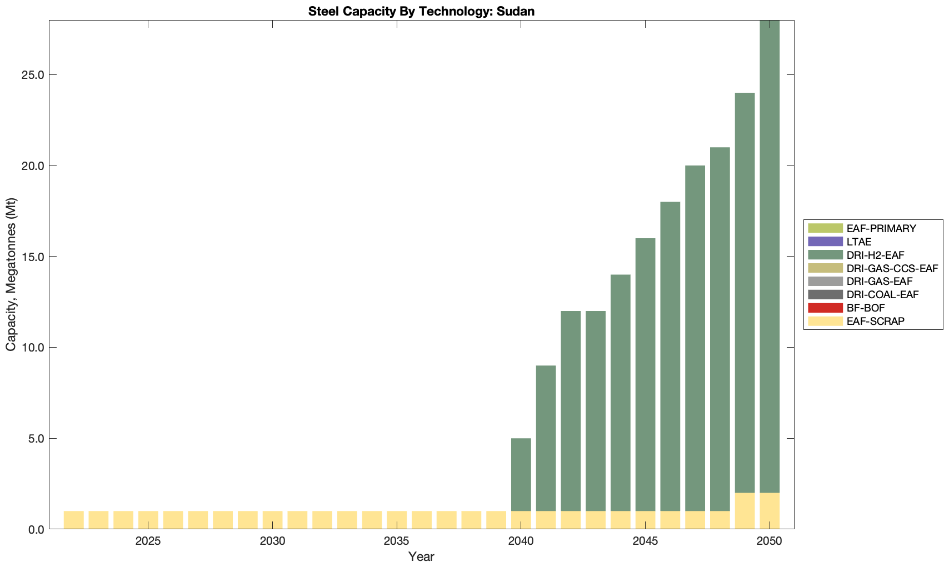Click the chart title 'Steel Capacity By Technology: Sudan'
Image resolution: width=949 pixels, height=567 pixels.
coord(421,11)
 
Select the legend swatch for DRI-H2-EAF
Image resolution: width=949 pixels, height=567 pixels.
coord(826,255)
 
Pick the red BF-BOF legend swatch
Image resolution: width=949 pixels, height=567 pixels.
coord(826,308)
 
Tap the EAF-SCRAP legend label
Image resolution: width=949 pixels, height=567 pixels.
coord(875,321)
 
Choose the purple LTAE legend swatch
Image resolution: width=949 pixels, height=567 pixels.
coord(826,242)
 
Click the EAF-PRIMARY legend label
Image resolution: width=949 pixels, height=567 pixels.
coord(881,228)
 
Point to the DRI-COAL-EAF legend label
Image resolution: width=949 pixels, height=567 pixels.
coord(882,294)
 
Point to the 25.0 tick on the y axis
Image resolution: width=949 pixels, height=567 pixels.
coord(34,75)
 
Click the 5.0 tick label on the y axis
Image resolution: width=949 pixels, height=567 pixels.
coord(37,439)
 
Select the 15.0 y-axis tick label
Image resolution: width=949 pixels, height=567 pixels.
coord(34,257)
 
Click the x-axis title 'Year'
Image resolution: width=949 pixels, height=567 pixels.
coord(421,556)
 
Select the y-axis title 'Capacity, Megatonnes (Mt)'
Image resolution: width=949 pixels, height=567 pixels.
coord(11,274)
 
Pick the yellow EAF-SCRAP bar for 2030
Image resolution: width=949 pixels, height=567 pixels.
coord(273,520)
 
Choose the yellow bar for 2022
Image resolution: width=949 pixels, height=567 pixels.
coord(74,520)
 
